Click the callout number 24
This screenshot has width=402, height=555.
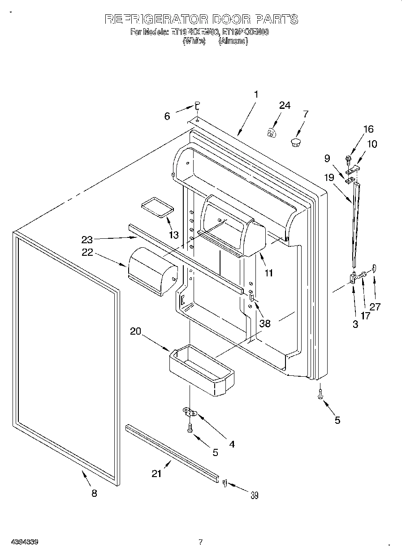[285, 106]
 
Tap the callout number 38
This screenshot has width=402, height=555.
[265, 323]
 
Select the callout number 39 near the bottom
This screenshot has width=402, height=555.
[254, 495]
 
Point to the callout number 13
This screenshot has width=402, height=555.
[173, 235]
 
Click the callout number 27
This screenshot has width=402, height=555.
[375, 306]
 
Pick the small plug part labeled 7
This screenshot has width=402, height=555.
[295, 143]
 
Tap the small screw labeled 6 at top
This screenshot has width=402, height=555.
[197, 106]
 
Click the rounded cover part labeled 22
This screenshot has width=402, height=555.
[152, 271]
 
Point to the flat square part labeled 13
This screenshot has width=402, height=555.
[157, 207]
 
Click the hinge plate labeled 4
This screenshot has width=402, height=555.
[190, 411]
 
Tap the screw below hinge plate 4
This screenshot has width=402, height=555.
[190, 428]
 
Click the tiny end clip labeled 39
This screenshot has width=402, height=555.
[225, 482]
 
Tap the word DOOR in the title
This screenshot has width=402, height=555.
[230, 19]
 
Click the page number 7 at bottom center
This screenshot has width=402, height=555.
[201, 542]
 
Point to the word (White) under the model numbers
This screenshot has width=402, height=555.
[194, 41]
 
